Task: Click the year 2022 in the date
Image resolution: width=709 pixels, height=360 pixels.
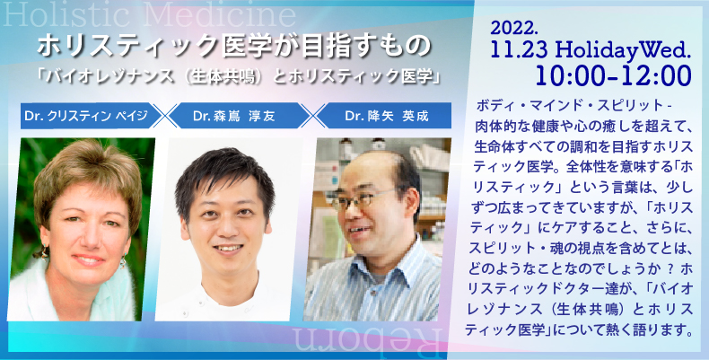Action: [514, 29]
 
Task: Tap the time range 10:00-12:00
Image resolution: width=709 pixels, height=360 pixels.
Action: [614, 75]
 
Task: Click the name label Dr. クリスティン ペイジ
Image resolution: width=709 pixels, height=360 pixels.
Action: [86, 116]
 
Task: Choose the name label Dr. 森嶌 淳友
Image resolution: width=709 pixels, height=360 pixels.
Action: [233, 116]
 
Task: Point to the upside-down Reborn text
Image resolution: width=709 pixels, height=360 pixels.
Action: [367, 340]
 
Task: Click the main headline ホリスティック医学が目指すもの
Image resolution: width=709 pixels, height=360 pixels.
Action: [233, 46]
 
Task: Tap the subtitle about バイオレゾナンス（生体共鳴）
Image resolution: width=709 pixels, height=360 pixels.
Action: [239, 76]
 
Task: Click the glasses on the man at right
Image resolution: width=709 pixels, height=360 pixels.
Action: [366, 199]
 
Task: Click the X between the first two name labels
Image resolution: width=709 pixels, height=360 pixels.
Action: [165, 116]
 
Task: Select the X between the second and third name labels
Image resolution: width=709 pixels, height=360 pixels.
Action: [313, 116]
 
